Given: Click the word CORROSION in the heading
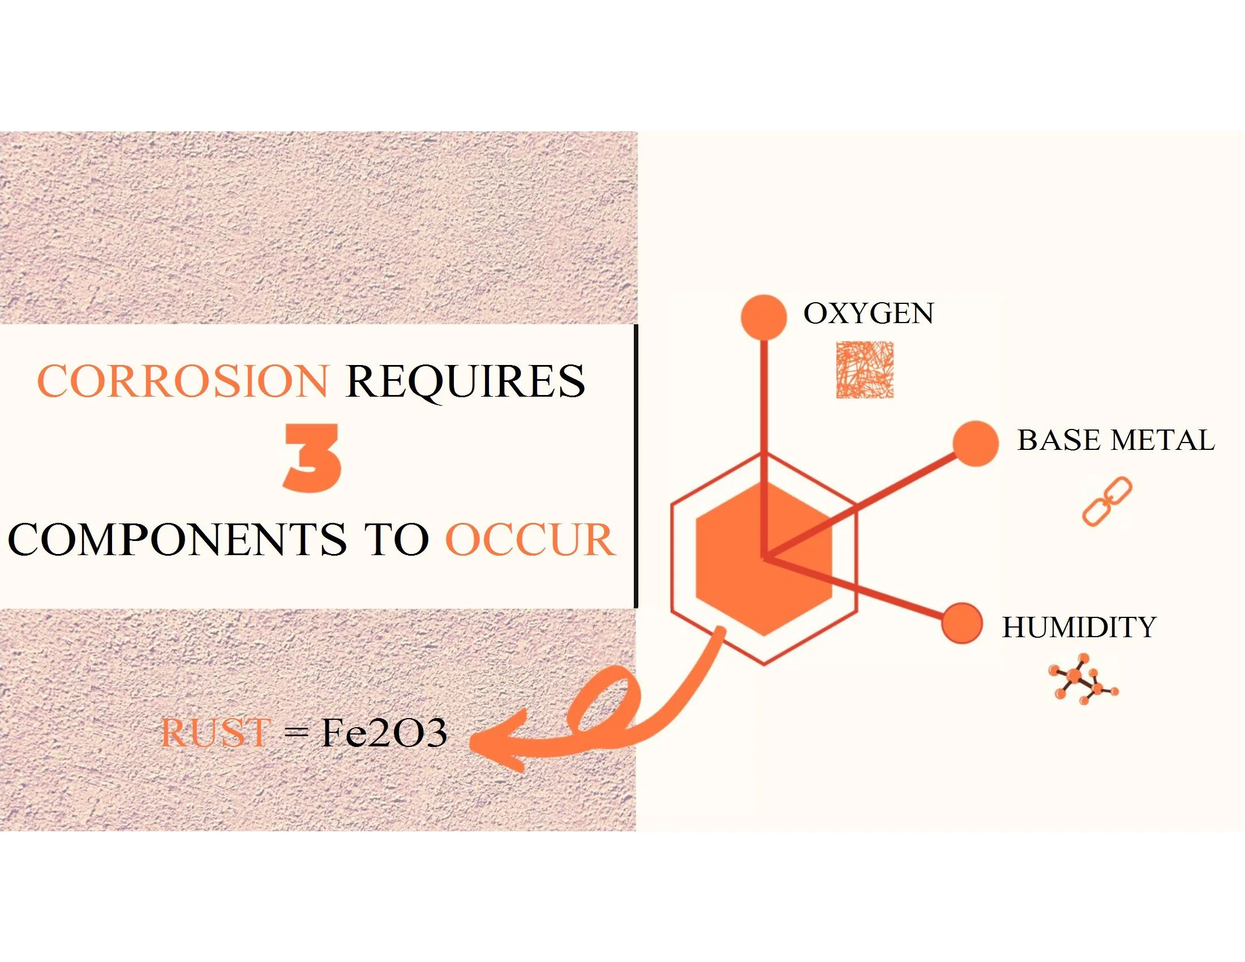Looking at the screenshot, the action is (183, 381).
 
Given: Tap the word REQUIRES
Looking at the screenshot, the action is (465, 381).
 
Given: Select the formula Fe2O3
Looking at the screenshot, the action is (384, 733).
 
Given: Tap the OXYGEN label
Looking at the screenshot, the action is (868, 313).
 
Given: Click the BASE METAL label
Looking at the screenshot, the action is (1115, 440).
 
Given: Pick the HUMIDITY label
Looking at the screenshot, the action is (1079, 628).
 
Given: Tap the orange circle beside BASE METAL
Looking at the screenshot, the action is (976, 444).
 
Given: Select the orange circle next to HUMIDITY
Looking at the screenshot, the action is (962, 623).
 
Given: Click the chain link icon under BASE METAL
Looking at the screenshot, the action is (1106, 501).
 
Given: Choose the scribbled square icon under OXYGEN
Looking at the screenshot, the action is (864, 370).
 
